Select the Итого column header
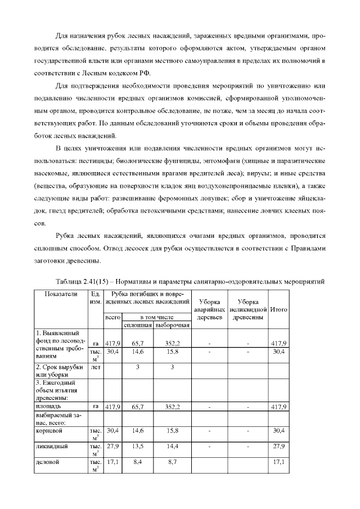tap(279, 309)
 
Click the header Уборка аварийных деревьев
tap(209, 309)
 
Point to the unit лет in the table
tap(96, 366)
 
